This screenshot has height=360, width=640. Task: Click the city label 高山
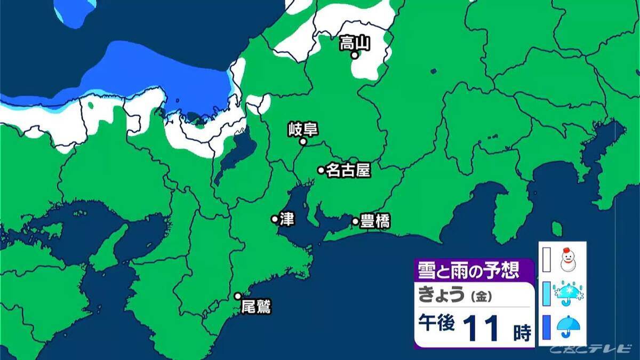[355, 42]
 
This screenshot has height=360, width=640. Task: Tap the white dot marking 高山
[354, 54]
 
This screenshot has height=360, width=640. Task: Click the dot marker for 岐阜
[302, 142]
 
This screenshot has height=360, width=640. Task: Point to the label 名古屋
[348, 170]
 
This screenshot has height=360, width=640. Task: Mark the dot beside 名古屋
[321, 170]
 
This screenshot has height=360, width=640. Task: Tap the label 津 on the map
[287, 219]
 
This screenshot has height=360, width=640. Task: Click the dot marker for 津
[275, 219]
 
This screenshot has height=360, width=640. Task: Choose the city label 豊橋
[375, 221]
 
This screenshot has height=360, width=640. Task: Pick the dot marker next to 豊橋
[355, 221]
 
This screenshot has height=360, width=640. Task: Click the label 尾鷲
[257, 307]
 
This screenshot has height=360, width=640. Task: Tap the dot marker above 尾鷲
[238, 296]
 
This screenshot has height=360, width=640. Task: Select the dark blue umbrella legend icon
[567, 326]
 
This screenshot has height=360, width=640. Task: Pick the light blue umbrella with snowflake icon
[569, 293]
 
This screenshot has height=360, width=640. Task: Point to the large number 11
[481, 329]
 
